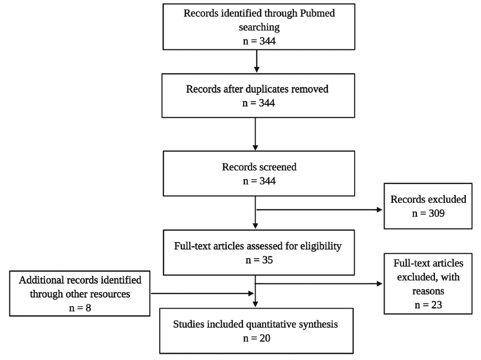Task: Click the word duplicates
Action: coord(265,89)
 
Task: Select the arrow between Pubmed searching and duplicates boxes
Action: coord(256,62)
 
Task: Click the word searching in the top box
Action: coord(257,26)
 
